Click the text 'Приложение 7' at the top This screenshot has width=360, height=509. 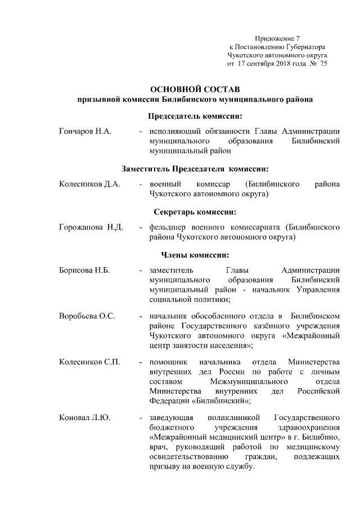point(277,37)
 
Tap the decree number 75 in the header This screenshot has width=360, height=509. point(323,64)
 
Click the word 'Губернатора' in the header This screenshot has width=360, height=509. point(304,46)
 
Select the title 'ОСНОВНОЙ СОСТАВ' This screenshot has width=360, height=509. point(195,89)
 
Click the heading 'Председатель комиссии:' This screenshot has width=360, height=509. point(195,116)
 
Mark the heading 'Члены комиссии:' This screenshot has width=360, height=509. point(195,255)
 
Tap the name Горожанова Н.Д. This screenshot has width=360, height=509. point(91,227)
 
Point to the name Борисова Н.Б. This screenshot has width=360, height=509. point(84,271)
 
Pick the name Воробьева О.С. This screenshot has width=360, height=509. point(87,316)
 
